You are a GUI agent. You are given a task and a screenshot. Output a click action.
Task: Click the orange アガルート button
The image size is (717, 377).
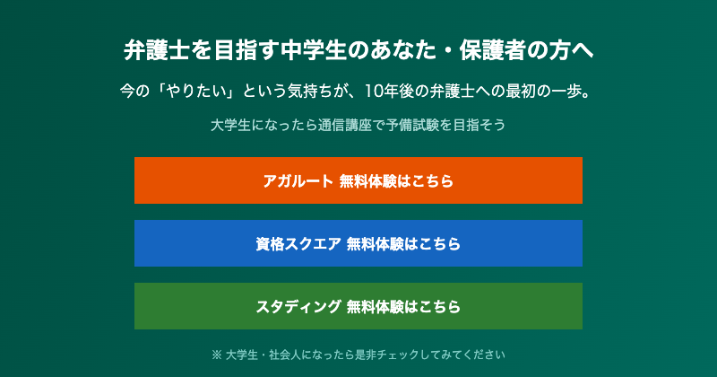(358, 180)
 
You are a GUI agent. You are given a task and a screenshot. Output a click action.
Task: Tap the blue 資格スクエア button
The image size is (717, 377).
(358, 243)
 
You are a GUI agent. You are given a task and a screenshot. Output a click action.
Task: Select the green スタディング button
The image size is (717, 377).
(358, 306)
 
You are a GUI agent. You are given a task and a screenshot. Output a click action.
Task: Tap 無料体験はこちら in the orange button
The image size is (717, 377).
(396, 180)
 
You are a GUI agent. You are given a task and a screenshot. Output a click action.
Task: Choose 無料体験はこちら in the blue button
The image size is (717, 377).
(403, 243)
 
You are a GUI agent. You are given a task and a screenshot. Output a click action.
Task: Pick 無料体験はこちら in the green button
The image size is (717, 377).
(403, 306)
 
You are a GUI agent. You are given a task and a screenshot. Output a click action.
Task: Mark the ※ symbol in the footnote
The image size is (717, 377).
(216, 354)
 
